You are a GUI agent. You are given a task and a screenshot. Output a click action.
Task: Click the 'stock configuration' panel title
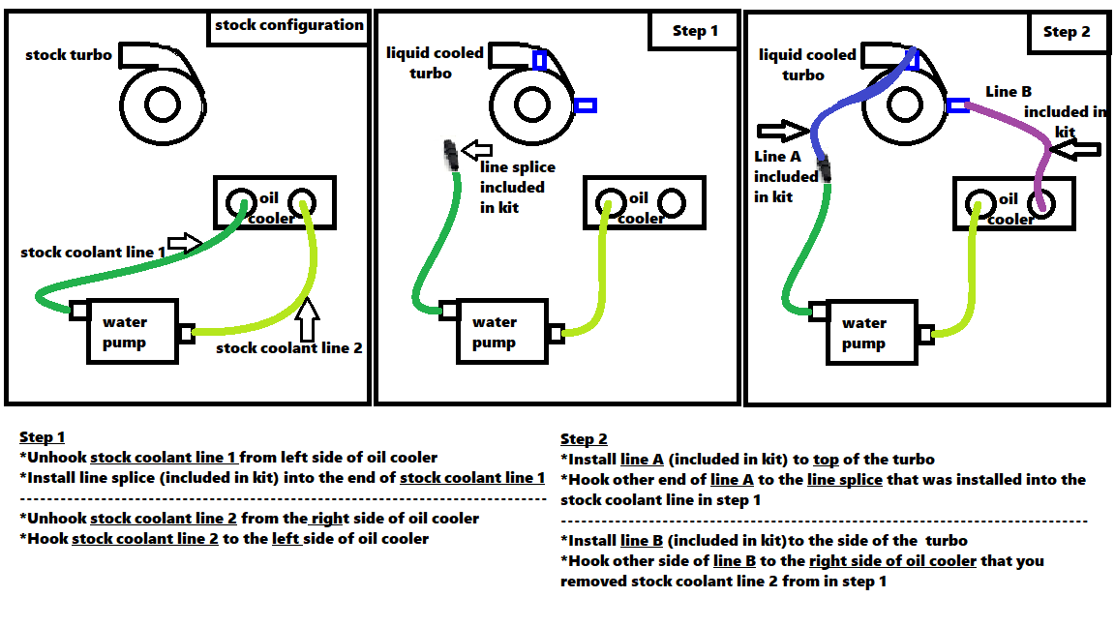288,26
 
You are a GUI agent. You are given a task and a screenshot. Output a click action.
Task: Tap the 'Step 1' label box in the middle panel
695,31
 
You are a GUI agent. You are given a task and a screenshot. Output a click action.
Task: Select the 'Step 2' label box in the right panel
1066,32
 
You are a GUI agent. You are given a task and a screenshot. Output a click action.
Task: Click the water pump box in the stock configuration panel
132,331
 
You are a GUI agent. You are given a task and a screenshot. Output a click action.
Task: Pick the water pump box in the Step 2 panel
870,333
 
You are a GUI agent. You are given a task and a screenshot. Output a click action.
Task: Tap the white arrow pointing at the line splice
476,150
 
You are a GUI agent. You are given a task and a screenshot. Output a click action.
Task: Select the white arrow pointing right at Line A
782,129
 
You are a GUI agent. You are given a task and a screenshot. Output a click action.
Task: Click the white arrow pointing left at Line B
1076,149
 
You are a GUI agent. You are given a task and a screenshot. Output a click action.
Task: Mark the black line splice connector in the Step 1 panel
450,155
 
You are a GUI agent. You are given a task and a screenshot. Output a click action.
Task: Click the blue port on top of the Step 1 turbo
539,60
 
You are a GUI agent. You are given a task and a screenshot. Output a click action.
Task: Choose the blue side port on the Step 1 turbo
585,104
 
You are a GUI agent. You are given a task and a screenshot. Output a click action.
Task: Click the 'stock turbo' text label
69,55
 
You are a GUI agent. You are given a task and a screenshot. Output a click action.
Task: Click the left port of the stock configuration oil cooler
237,202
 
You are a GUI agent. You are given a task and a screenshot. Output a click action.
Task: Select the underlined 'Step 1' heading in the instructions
42,437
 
